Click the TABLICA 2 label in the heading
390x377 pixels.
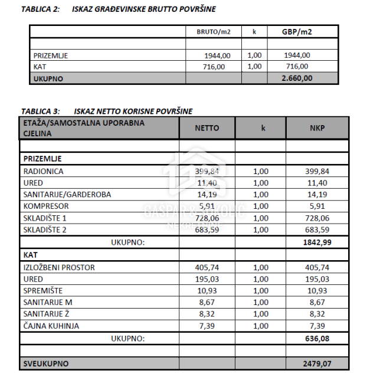pos(40,9)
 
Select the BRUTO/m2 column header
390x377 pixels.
pos(213,32)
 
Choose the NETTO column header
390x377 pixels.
pos(207,127)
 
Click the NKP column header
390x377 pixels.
pos(317,127)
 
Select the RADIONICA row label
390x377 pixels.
pos(43,171)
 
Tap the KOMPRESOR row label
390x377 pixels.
pos(46,206)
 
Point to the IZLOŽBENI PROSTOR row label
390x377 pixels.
pos(59,267)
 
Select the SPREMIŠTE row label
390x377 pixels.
pos(42,291)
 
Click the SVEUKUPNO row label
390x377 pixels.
pos(46,363)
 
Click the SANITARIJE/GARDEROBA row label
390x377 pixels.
pos(67,194)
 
